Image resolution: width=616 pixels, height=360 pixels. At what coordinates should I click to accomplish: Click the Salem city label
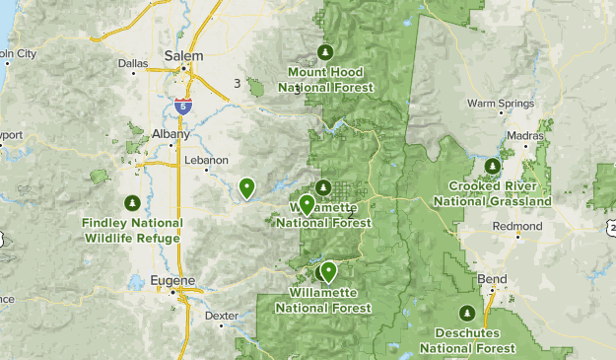click(x=183, y=55)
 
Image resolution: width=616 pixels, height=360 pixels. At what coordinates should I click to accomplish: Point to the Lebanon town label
click(x=207, y=159)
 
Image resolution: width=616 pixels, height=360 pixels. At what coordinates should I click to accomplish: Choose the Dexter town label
click(x=222, y=316)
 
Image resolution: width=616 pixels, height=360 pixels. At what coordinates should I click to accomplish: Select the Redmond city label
click(x=517, y=226)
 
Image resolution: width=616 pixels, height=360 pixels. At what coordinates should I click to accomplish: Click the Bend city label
click(x=492, y=279)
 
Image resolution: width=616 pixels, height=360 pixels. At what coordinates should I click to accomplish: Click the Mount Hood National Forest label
click(x=325, y=80)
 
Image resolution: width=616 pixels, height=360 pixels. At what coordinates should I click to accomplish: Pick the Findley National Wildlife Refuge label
click(x=132, y=230)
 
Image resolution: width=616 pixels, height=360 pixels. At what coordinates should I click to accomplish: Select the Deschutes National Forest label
click(x=467, y=341)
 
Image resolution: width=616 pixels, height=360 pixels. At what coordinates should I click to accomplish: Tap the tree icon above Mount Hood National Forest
click(x=325, y=53)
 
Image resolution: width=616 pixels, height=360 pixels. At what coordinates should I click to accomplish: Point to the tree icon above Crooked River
click(x=493, y=166)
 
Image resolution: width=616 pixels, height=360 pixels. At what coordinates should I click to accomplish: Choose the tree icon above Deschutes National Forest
click(x=467, y=314)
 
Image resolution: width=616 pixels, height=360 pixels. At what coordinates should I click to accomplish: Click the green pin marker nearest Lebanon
click(x=246, y=185)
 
